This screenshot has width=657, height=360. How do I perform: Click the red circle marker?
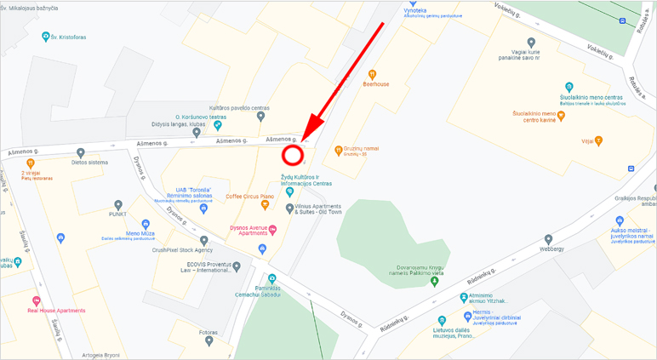pyautogui.click(x=293, y=155)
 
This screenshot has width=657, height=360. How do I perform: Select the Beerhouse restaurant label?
pyautogui.click(x=375, y=84)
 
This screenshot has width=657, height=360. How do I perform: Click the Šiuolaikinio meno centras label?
pyautogui.click(x=591, y=98)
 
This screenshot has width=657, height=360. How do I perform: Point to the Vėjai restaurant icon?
pyautogui.click(x=599, y=140)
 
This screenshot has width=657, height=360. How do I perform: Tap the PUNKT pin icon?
pyautogui.click(x=118, y=205)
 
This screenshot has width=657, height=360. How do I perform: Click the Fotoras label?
pyautogui.click(x=209, y=332)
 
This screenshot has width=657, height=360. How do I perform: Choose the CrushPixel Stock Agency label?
pyautogui.click(x=181, y=250)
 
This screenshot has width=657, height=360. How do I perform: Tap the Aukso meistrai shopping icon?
pyautogui.click(x=620, y=220)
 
